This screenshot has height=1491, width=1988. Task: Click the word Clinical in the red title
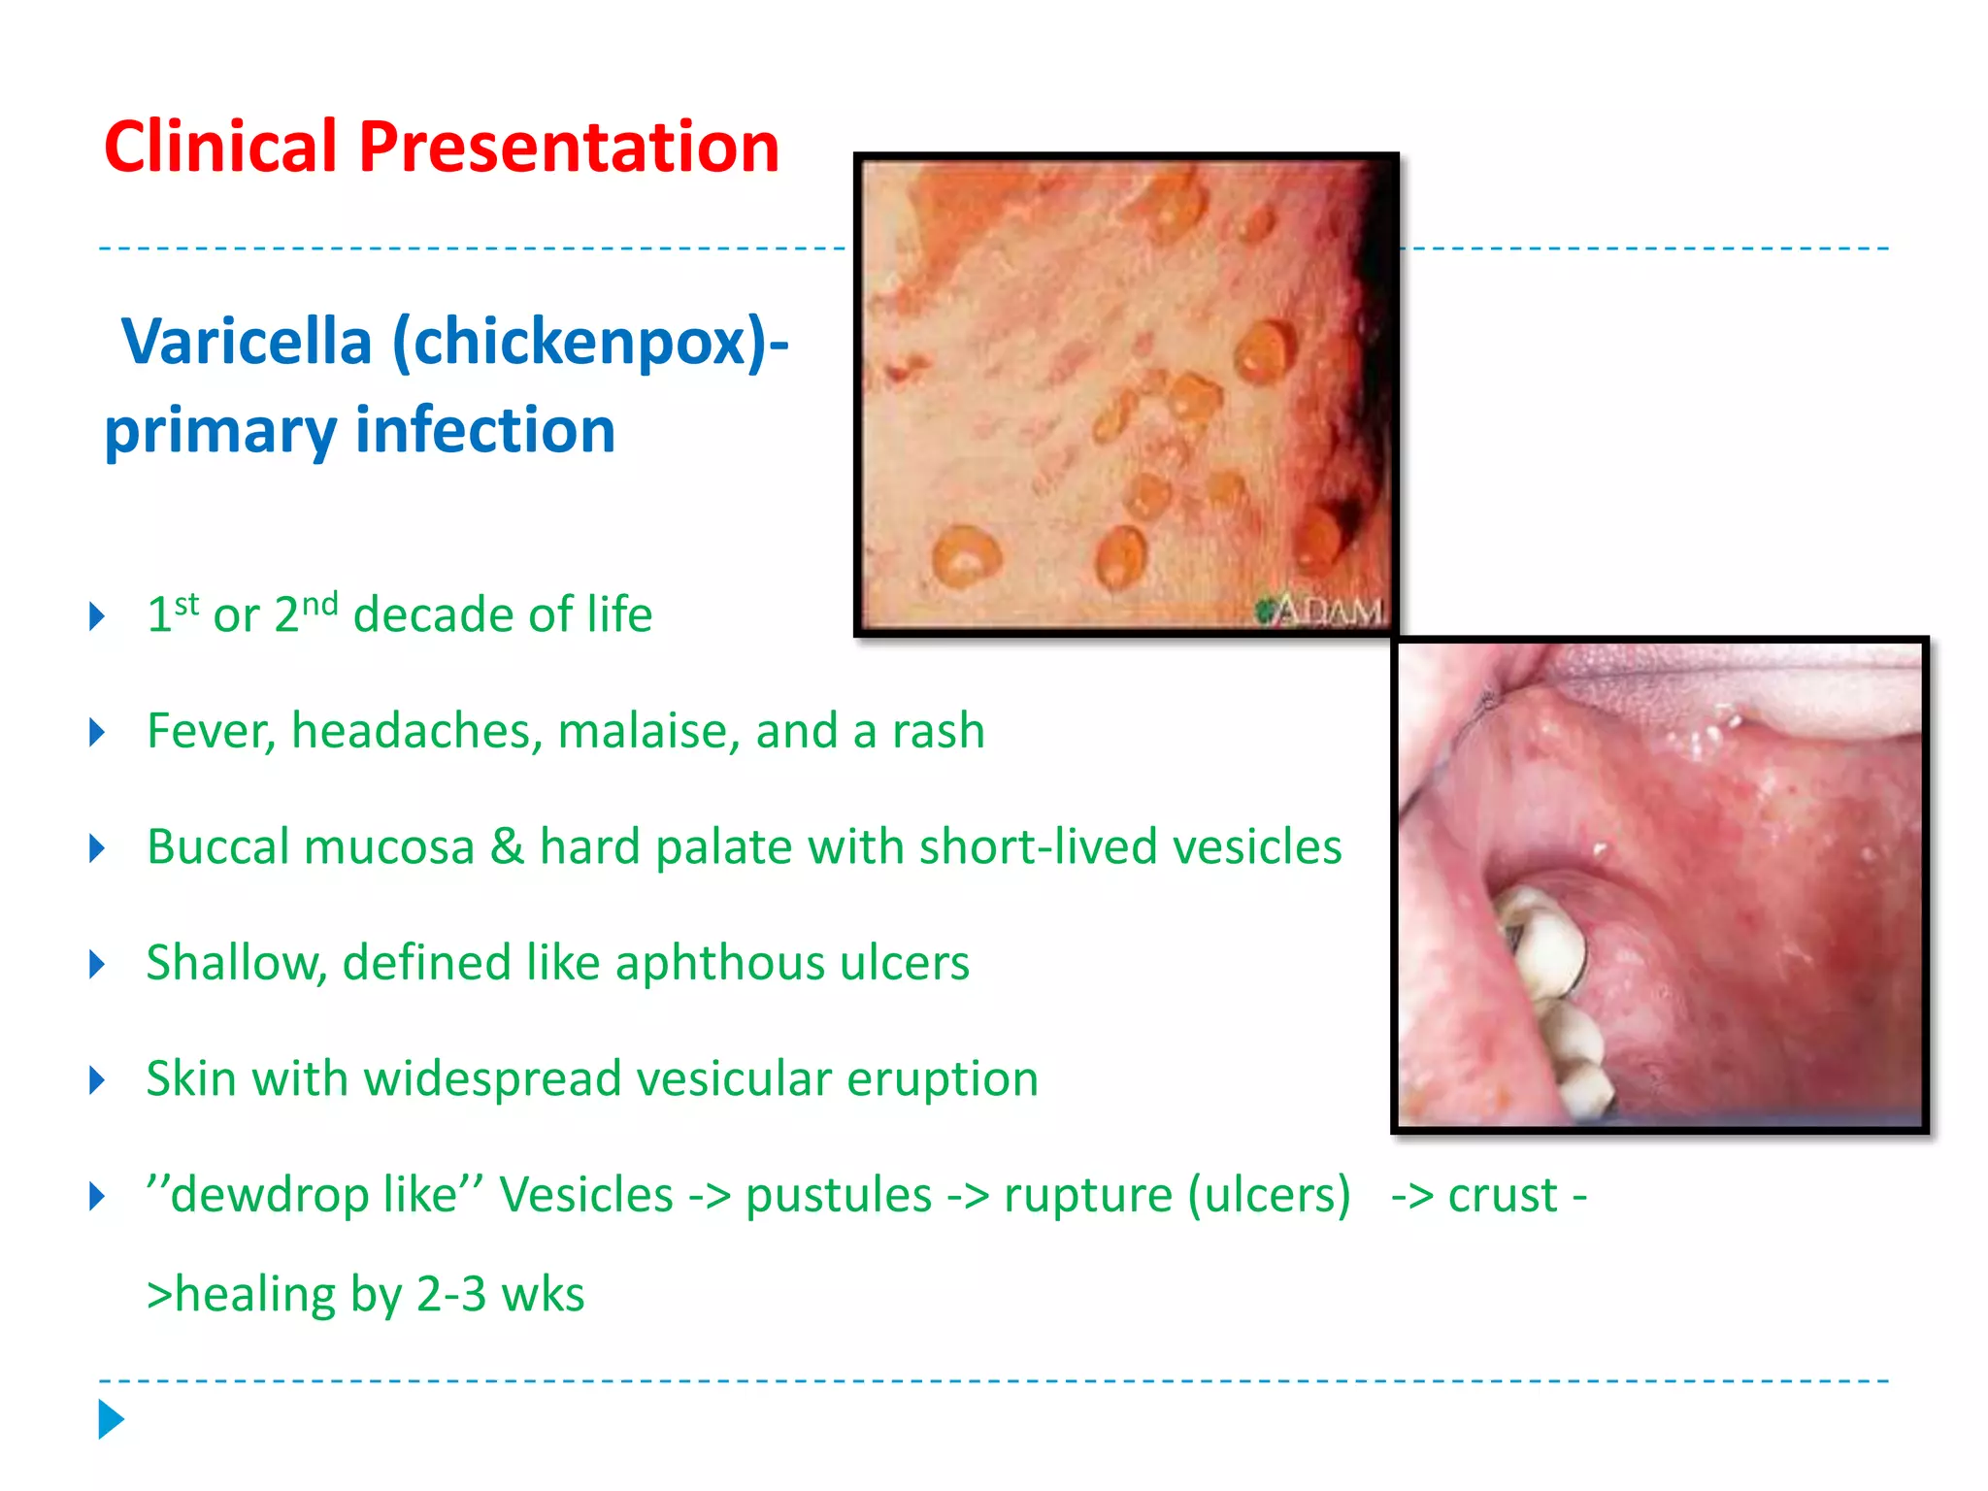pyautogui.click(x=220, y=148)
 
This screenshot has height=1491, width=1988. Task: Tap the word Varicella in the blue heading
pyautogui.click(x=247, y=342)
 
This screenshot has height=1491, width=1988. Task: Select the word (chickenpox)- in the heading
pyautogui.click(x=590, y=344)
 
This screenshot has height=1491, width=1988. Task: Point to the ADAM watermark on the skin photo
pyautogui.click(x=1322, y=612)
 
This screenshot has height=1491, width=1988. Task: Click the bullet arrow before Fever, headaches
pyautogui.click(x=97, y=732)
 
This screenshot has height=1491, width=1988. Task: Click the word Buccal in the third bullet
pyautogui.click(x=214, y=846)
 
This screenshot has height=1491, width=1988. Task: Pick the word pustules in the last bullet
pyautogui.click(x=839, y=1195)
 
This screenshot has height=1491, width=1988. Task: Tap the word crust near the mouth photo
pyautogui.click(x=1503, y=1195)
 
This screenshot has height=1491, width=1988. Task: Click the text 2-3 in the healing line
pyautogui.click(x=451, y=1294)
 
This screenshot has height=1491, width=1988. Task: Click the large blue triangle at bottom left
pyautogui.click(x=111, y=1419)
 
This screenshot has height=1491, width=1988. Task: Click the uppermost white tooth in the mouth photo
pyautogui.click(x=1543, y=942)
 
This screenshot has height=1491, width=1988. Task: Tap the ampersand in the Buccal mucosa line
pyautogui.click(x=507, y=846)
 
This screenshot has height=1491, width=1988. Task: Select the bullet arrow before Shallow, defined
pyautogui.click(x=97, y=964)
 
